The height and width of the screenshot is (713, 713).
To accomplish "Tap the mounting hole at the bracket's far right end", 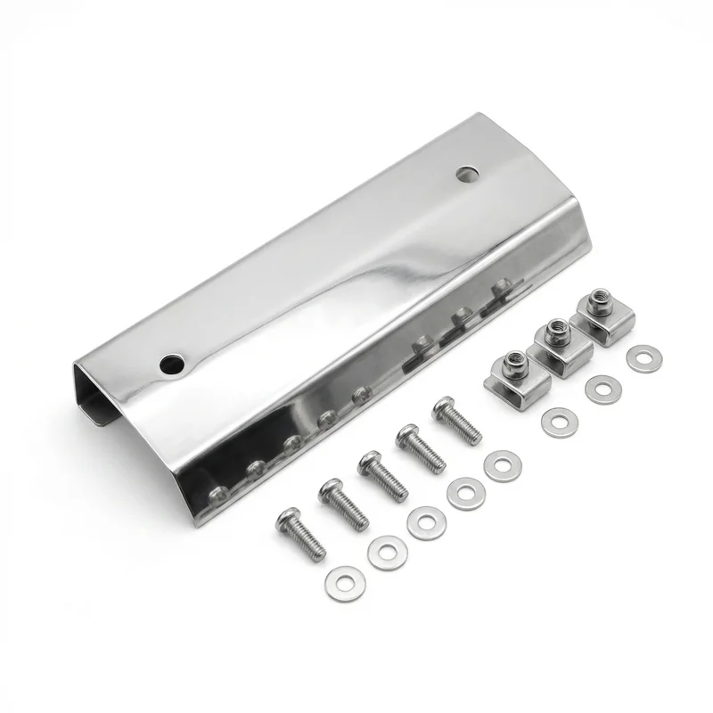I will click(466, 173).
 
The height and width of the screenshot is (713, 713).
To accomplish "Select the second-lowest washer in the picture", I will click(386, 553).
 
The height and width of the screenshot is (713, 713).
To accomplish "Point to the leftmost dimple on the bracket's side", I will click(216, 492).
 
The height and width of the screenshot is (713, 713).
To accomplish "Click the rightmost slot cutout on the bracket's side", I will click(504, 290).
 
